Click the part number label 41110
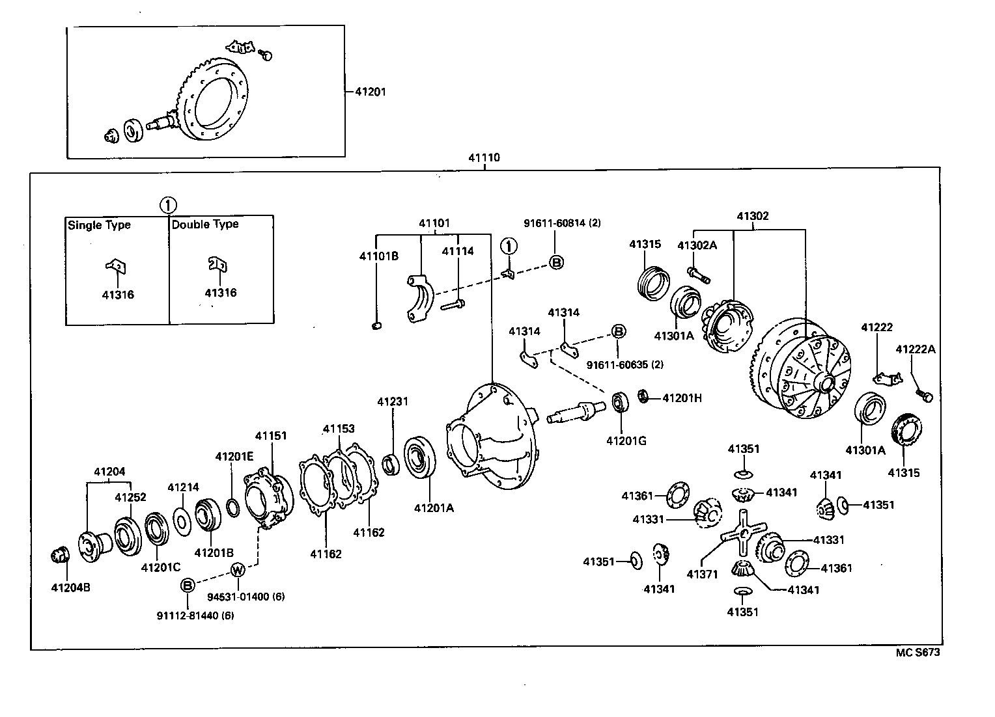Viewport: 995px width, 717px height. tap(484, 158)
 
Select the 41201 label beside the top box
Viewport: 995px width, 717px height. tap(370, 92)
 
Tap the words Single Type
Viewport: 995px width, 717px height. tap(99, 225)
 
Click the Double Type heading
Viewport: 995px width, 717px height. tap(205, 224)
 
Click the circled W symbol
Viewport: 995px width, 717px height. tap(238, 571)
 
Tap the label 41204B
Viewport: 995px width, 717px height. tap(70, 588)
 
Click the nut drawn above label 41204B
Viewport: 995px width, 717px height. tap(60, 555)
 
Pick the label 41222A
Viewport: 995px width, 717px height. tap(915, 349)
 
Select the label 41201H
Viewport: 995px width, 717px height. tap(682, 398)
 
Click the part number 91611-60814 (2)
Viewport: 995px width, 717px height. tap(562, 223)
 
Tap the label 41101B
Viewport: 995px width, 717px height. tap(378, 256)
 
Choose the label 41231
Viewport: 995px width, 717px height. tap(393, 401)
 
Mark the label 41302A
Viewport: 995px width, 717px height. tap(697, 245)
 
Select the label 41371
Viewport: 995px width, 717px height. tap(702, 574)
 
